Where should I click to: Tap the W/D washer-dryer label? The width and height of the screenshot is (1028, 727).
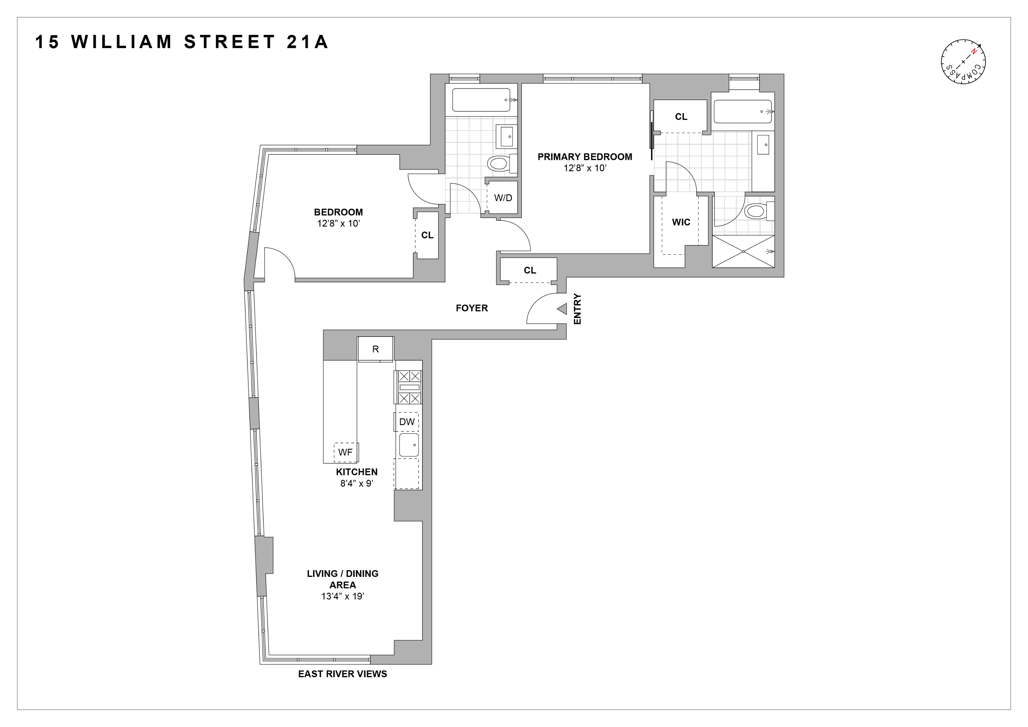(x=503, y=198)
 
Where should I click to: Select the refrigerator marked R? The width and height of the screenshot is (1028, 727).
(x=376, y=349)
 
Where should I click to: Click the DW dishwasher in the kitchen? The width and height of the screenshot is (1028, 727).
(x=407, y=422)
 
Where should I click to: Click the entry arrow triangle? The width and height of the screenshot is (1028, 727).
(x=562, y=309)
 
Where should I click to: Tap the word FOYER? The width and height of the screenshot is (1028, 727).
(x=472, y=308)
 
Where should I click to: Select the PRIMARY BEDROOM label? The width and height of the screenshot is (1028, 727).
(x=585, y=157)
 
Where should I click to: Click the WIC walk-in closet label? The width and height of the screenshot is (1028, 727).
(x=681, y=222)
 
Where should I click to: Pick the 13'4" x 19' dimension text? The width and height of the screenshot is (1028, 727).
(x=343, y=596)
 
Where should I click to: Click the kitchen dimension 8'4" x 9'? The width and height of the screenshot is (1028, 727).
(x=357, y=483)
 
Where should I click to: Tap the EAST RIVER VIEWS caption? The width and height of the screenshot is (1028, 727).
(x=343, y=674)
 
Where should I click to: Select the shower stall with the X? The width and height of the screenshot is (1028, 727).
(x=743, y=251)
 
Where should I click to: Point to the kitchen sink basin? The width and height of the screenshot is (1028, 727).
(x=409, y=445)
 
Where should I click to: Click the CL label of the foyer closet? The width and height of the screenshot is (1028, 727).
(x=530, y=270)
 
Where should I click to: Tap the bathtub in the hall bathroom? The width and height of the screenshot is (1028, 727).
(x=481, y=100)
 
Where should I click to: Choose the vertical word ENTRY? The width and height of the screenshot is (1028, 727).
(x=578, y=309)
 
